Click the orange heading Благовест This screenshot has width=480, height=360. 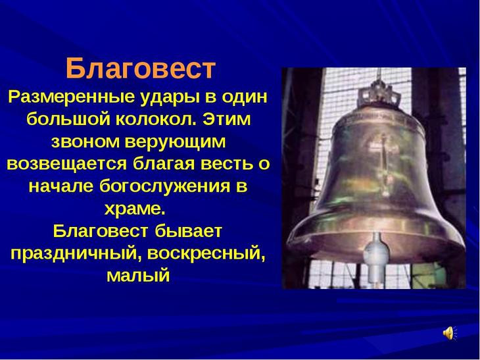click(x=141, y=68)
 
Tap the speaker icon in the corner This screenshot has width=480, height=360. click(x=450, y=333)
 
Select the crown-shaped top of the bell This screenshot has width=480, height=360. click(x=379, y=92)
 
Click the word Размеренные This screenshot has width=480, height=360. click(x=71, y=97)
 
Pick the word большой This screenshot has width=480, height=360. click(x=68, y=119)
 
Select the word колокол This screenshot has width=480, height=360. click(x=156, y=119)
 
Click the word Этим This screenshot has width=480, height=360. click(x=226, y=120)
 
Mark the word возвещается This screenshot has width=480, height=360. click(x=66, y=165)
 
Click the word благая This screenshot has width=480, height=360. click(x=164, y=165)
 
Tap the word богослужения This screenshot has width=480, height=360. click(x=164, y=186)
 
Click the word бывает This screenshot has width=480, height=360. click(x=188, y=231)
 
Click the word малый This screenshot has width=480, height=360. click(x=138, y=276)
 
